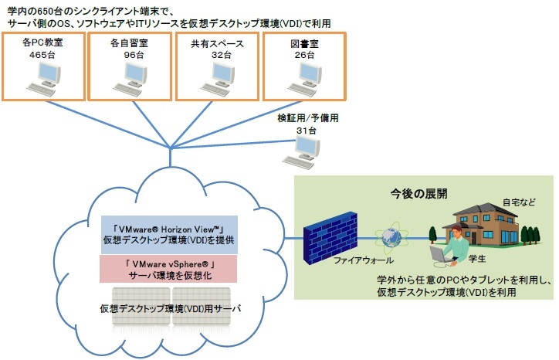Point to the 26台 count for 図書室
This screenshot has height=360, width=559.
pos(305,56)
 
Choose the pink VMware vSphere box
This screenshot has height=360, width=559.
pos(169,269)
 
